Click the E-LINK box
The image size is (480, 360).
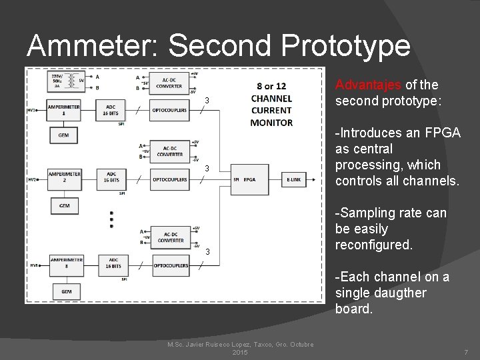[x=294, y=179]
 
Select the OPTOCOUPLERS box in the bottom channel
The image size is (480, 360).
[x=169, y=264]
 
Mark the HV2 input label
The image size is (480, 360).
[x=32, y=179]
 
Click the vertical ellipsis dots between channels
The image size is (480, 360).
[x=111, y=218]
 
